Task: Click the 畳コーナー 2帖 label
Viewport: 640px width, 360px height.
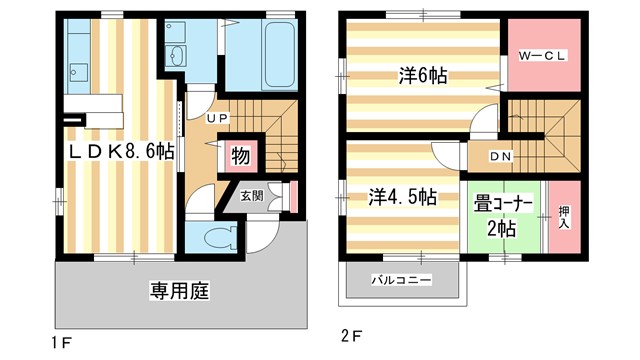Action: click(502, 217)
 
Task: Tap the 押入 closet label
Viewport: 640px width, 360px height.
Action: click(565, 217)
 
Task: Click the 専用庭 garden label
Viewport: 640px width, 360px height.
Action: click(178, 292)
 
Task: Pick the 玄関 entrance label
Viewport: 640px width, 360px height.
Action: click(251, 197)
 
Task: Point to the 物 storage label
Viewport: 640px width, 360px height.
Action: click(240, 156)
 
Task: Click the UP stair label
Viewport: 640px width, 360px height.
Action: click(219, 119)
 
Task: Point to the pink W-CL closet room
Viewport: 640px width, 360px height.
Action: click(544, 70)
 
